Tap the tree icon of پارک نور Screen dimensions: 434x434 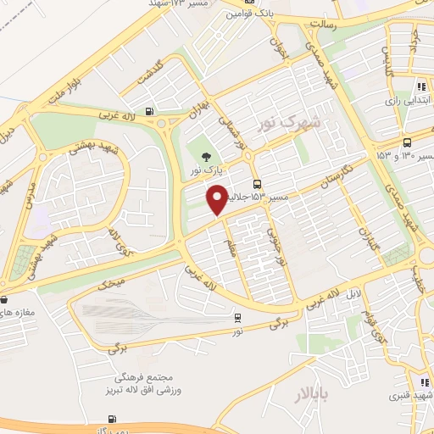coord(204,155)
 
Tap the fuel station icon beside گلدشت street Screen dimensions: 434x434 coord(150,108)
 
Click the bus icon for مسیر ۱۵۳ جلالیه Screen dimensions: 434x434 coord(257,184)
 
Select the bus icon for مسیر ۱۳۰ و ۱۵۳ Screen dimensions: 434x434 coord(408,142)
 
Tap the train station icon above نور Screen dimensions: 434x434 coord(238,318)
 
